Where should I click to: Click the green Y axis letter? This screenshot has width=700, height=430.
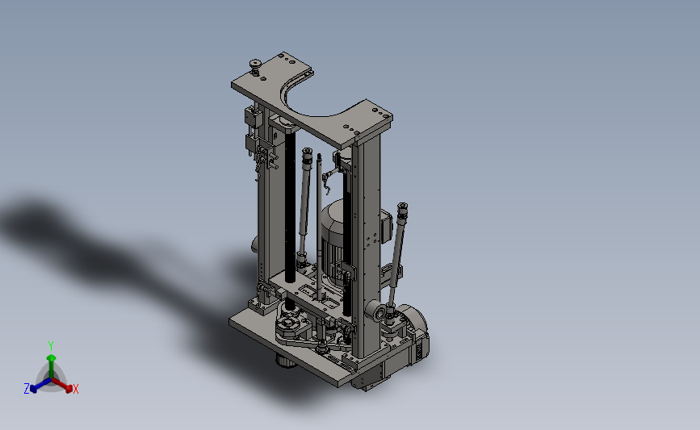[51, 346]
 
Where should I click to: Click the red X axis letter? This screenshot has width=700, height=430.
[75, 389]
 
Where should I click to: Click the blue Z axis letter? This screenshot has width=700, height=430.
[27, 389]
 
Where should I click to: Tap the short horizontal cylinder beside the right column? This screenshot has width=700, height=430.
[375, 311]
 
